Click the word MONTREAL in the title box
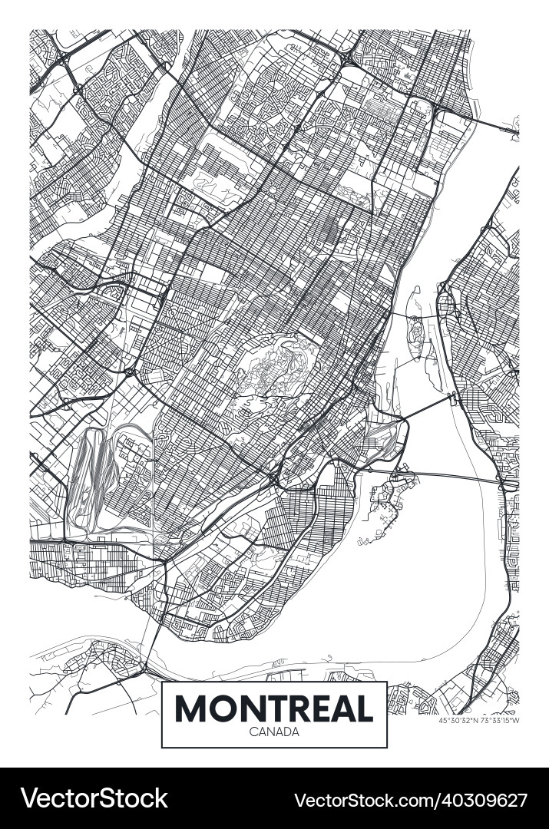[x=274, y=708]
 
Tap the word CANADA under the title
[x=274, y=732]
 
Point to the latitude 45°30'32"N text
[x=458, y=721]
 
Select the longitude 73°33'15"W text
[x=500, y=721]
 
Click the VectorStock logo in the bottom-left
[x=94, y=798]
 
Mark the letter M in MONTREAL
[x=192, y=708]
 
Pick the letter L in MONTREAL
[x=364, y=708]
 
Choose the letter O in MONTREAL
[x=224, y=708]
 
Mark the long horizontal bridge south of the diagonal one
[x=453, y=476]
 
